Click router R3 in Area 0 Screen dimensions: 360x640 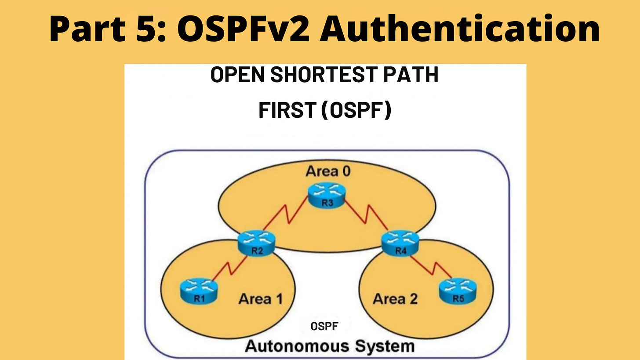326,196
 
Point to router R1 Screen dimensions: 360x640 199,291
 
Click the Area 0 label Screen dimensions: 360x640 328,171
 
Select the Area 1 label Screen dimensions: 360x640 260,299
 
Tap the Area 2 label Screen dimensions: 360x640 395,299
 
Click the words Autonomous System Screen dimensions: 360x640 330,345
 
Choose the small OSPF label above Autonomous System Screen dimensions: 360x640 324,327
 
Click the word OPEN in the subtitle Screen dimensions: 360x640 237,76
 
